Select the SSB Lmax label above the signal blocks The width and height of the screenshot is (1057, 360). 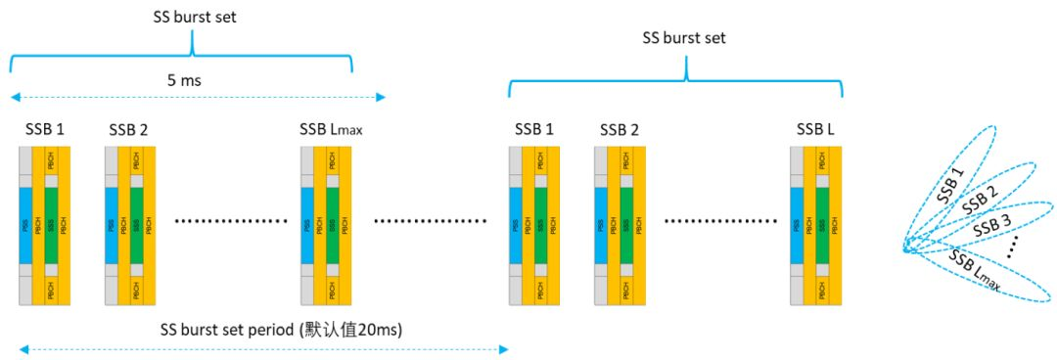(x=332, y=129)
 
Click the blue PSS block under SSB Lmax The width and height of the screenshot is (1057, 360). (x=306, y=225)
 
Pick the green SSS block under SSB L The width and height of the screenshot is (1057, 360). (x=822, y=225)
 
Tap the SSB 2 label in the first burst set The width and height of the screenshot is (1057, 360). (x=128, y=129)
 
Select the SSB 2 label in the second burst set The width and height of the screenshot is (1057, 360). (x=619, y=129)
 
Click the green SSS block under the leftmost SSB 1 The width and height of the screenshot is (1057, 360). (x=52, y=225)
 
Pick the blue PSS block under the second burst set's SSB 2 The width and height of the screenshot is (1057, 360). (x=601, y=225)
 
